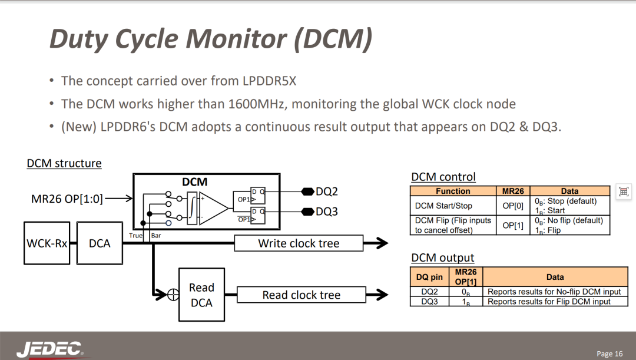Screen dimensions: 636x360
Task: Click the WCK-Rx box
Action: click(x=47, y=243)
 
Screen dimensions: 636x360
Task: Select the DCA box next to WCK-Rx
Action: click(x=100, y=243)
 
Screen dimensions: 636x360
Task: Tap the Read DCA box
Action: click(x=201, y=295)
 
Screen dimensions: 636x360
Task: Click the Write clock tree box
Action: click(x=299, y=243)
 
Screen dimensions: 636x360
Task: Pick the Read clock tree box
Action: click(x=302, y=295)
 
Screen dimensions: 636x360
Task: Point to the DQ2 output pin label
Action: click(x=326, y=191)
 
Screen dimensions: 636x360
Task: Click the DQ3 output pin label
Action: click(x=326, y=212)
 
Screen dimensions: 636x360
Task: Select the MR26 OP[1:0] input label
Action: click(x=67, y=199)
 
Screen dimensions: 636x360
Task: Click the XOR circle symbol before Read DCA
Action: click(x=173, y=295)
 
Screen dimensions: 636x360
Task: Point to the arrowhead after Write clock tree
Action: click(x=381, y=243)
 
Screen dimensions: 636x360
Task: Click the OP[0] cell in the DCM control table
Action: click(x=513, y=206)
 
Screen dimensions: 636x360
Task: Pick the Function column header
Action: click(x=453, y=191)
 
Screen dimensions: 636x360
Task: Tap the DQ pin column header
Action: click(x=429, y=277)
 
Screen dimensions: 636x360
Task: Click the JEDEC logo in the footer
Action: click(x=49, y=349)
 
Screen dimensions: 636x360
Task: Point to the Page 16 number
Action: click(x=609, y=354)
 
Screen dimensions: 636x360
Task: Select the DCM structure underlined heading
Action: click(x=64, y=163)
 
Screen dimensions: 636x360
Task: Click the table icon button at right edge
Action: click(x=624, y=191)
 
